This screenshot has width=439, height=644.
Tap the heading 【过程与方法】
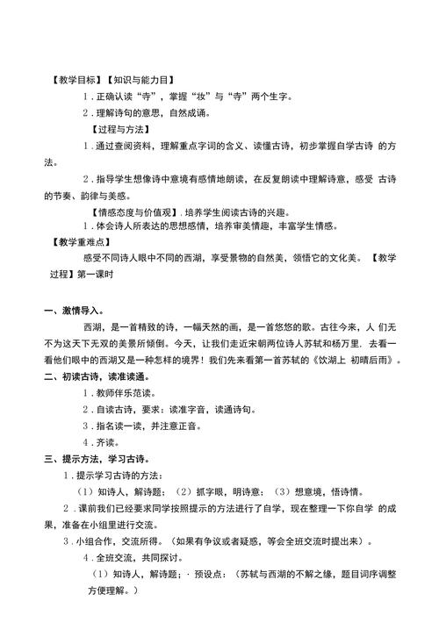[133, 129]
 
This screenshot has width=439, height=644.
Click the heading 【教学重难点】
[78, 242]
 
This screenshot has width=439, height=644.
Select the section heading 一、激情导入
[75, 310]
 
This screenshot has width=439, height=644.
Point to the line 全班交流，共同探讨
[137, 558]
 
